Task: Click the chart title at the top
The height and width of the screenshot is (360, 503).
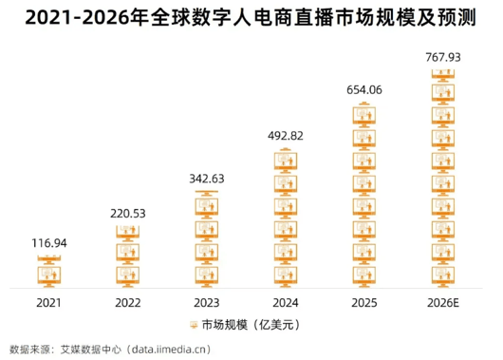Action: [x=251, y=17]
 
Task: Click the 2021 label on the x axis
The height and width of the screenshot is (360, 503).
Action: [x=48, y=303]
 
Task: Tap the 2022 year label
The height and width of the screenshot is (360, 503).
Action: [x=128, y=303]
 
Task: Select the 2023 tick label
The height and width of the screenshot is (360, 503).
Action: [x=207, y=303]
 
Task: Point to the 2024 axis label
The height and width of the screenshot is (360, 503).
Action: [x=286, y=303]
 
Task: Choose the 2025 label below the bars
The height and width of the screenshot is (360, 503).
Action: [x=364, y=303]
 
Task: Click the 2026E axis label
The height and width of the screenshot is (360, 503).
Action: [x=443, y=303]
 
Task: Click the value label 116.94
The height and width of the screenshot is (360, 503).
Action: [x=49, y=243]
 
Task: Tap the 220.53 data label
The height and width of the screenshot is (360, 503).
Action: [x=128, y=214]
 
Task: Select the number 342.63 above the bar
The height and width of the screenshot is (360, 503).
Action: [x=207, y=179]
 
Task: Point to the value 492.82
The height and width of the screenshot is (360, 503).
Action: [x=286, y=136]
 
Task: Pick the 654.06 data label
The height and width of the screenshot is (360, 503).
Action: [x=364, y=90]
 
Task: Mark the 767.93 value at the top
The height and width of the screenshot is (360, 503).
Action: [x=443, y=57]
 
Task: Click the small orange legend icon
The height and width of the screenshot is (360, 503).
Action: [x=194, y=325]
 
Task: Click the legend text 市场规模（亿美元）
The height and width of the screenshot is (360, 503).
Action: [x=251, y=325]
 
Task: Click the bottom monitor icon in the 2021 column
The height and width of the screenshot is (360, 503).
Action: [x=49, y=276]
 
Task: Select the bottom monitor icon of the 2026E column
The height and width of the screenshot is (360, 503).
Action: [x=443, y=276]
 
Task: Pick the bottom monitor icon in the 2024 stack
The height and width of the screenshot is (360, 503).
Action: [x=286, y=276]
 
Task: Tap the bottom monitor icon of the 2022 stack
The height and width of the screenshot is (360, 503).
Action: [x=128, y=276]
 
